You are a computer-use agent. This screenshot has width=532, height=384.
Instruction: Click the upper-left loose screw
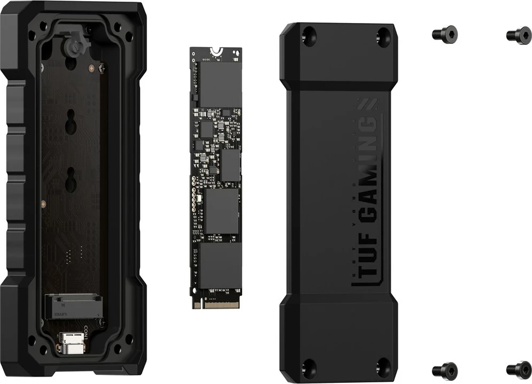click(444, 34)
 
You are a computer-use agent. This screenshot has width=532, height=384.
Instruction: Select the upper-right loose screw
click(518, 35)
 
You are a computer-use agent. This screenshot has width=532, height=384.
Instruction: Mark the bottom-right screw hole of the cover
click(383, 367)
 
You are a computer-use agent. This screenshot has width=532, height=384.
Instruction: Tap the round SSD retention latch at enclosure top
click(73, 47)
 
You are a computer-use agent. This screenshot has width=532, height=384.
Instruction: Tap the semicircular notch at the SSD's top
click(216, 51)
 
